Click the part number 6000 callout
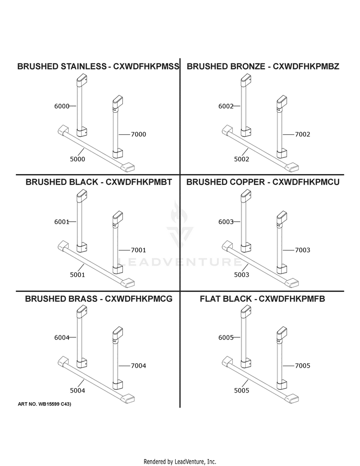pos(61,106)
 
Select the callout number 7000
pos(139,134)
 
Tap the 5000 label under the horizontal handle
pos(78,159)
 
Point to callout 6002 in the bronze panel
pos(226,106)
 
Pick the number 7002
pos(302,134)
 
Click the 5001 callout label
pos(78,275)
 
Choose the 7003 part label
pos(302,250)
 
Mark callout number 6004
pos(61,337)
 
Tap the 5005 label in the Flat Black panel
pos(242,391)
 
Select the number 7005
pos(302,366)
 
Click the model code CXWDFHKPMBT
pos(139,182)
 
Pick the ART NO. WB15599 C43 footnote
pos(45,404)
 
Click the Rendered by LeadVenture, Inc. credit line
pos(180,462)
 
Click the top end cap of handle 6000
pos(82,80)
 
